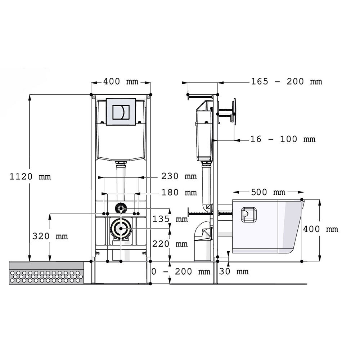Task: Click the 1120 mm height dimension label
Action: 30,176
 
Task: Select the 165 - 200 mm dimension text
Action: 286,81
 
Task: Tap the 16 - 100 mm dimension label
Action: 283,139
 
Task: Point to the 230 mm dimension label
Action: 179,176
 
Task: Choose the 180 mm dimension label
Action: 179,192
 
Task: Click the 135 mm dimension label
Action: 170,219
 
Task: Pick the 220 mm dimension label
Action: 170,244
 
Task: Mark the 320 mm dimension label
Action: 50,236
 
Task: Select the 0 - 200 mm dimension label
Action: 181,271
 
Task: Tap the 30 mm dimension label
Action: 234,271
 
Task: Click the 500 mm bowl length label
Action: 268,192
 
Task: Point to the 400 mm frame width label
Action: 121,81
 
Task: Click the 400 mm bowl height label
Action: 320,229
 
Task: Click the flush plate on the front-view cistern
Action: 121,112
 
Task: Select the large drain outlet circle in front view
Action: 121,229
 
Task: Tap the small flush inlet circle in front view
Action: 121,208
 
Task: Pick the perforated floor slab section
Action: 46,273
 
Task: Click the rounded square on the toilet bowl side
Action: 249,215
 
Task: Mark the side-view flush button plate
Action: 234,112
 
